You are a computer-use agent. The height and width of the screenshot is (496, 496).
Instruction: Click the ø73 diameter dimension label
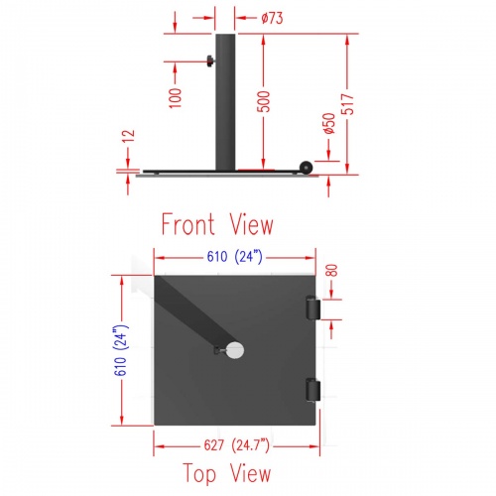tap(272, 18)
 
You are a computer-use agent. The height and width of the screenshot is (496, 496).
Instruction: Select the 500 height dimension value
tap(264, 101)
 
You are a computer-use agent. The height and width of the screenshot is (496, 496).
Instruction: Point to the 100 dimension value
tap(176, 98)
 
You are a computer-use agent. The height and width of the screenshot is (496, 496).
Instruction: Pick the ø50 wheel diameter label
tap(329, 123)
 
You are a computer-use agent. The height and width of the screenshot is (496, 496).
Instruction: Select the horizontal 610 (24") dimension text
tap(235, 257)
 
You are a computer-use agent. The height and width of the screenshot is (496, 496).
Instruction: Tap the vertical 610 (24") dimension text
tap(120, 351)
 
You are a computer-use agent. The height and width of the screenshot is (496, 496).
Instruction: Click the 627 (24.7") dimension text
tap(237, 445)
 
